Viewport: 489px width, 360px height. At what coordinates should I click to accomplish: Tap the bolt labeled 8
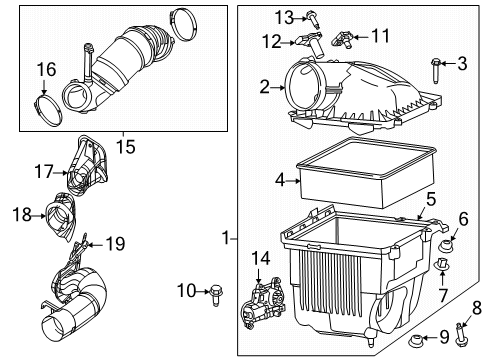click(463, 326)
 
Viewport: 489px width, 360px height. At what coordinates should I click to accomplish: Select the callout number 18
click(23, 215)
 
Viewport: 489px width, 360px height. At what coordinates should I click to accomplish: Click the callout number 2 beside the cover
click(265, 88)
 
